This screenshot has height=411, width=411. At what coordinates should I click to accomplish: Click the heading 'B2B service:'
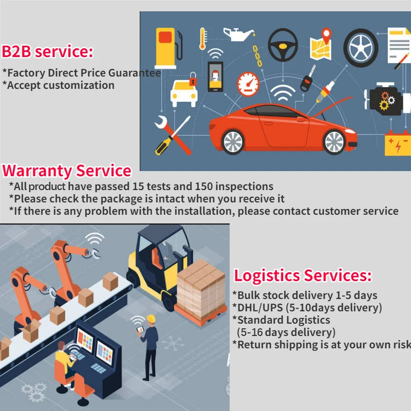(47, 51)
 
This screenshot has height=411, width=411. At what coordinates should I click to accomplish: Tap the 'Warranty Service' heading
(67, 171)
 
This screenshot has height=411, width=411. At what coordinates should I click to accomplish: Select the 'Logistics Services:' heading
(303, 276)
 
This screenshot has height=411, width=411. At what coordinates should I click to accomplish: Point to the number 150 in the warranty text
(203, 186)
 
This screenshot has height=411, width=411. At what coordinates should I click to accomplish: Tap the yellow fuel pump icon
(168, 48)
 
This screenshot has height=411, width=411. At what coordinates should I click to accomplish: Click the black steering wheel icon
(283, 45)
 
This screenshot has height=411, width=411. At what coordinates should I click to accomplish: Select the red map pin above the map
(326, 35)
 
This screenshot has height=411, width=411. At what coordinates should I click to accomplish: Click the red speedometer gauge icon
(248, 84)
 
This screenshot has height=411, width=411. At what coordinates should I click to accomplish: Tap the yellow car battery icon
(398, 144)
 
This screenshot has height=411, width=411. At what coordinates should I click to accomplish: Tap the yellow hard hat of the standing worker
(151, 319)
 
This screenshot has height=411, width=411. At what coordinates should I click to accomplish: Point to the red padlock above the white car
(193, 79)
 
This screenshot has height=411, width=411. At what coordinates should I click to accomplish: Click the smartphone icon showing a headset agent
(215, 77)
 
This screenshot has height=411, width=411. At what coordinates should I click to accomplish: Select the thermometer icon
(202, 39)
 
